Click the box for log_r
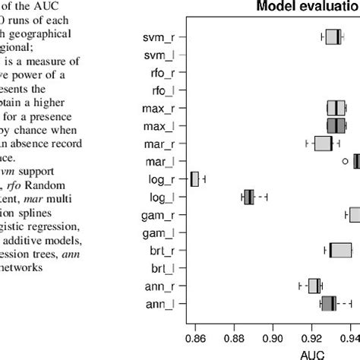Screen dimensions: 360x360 (194, 179)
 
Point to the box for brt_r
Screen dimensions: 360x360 (339, 250)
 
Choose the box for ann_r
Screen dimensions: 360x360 (314, 286)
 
